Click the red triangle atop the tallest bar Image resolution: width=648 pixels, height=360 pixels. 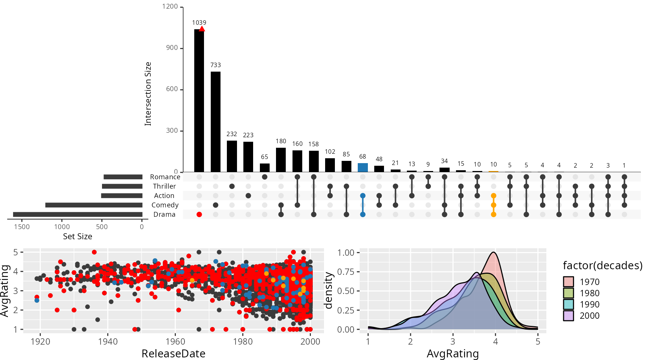pyautogui.click(x=202, y=29)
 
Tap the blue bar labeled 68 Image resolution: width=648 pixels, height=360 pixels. pyautogui.click(x=363, y=167)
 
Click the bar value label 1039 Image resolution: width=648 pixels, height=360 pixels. pyautogui.click(x=199, y=23)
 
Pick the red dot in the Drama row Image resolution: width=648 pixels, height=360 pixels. pyautogui.click(x=199, y=214)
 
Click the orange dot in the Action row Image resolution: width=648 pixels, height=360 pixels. pyautogui.click(x=493, y=196)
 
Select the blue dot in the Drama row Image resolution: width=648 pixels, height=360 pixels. pyautogui.click(x=363, y=214)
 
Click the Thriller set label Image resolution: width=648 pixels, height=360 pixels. pyautogui.click(x=164, y=186)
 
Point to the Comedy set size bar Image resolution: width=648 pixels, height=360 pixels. pyautogui.click(x=94, y=205)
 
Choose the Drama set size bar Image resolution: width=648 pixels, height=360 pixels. pyautogui.click(x=78, y=214)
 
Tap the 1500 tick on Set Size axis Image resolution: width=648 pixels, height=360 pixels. pyautogui.click(x=22, y=226)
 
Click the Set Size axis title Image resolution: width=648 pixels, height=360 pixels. pyautogui.click(x=78, y=236)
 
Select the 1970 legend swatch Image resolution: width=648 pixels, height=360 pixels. pyautogui.click(x=568, y=282)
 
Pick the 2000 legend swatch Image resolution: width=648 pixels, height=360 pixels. pyautogui.click(x=568, y=315)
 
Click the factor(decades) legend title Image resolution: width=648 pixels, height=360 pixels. pyautogui.click(x=603, y=265)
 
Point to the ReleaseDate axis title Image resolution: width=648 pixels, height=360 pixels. pyautogui.click(x=173, y=354)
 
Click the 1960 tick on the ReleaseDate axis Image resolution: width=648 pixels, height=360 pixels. pyautogui.click(x=175, y=342)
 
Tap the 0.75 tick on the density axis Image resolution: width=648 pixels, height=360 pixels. pyautogui.click(x=346, y=271)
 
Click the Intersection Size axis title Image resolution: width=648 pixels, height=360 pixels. pyautogui.click(x=148, y=94)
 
